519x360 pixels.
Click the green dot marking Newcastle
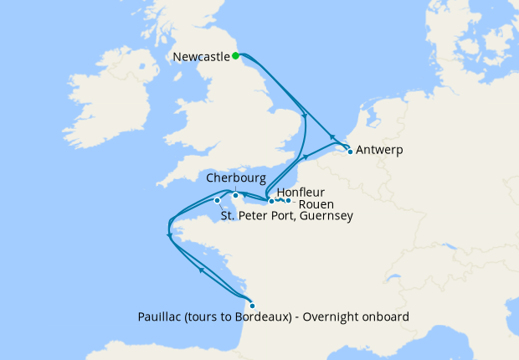tap(236, 56)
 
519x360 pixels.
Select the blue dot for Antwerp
tap(350, 152)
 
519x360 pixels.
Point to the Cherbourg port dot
tap(235, 196)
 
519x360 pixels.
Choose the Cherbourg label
tap(237, 179)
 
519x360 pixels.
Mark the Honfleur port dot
tap(271, 201)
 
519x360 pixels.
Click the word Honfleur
tap(301, 192)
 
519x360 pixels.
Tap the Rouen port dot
tap(288, 200)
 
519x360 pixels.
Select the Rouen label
tap(315, 203)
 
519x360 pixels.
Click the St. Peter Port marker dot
tap(217, 200)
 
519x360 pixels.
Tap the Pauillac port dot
tap(252, 306)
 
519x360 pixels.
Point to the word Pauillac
tap(159, 317)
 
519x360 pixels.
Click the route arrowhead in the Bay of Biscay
tap(202, 270)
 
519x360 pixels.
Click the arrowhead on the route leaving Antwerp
tap(332, 137)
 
